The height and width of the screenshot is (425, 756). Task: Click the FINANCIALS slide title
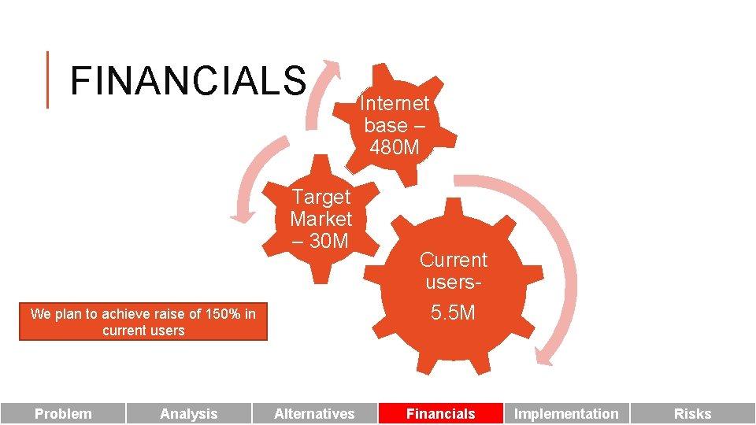187,80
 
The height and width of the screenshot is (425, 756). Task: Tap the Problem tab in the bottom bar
63,413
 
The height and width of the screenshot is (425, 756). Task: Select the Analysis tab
189,413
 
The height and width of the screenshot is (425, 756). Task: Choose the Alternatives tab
314,413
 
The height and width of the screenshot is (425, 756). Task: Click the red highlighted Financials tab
440,413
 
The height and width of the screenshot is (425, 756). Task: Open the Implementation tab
566,413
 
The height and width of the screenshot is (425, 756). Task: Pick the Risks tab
692,413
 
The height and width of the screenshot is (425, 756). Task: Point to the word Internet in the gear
394,103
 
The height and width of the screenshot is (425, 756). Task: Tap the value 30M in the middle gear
329,241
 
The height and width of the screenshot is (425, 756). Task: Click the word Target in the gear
321,197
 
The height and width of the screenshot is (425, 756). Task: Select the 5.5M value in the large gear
453,312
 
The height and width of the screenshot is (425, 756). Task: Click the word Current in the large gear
453,260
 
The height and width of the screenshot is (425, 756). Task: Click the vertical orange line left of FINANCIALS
47,79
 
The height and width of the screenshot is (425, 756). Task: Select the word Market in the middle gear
321,219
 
